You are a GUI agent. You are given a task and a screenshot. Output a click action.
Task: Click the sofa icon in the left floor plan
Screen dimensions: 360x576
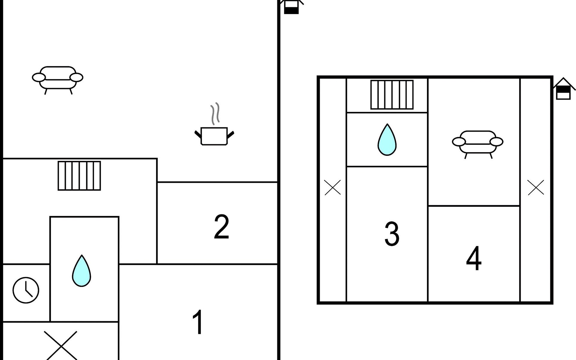click(x=58, y=79)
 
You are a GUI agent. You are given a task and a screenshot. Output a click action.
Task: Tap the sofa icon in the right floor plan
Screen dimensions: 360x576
click(x=478, y=143)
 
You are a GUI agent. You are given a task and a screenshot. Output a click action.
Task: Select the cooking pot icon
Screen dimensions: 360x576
click(x=214, y=136)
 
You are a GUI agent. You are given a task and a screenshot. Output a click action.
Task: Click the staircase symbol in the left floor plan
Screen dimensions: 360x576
click(x=79, y=176)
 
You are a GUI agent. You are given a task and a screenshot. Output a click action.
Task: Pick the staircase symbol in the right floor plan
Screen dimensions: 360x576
click(x=392, y=94)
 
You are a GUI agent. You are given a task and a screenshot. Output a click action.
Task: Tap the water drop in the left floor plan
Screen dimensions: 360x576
click(x=81, y=271)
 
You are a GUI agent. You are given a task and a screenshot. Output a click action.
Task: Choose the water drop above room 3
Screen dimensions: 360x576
click(x=387, y=140)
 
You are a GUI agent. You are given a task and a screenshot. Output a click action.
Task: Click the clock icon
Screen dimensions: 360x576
click(x=26, y=290)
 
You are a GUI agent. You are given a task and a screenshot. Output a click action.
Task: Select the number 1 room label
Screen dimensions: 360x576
click(x=198, y=322)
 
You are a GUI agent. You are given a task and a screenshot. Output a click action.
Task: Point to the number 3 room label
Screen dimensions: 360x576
click(x=392, y=234)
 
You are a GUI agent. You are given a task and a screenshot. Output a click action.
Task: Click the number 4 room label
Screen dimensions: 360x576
click(x=474, y=258)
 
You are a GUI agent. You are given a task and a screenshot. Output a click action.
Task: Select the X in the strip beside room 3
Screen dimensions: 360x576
click(x=332, y=187)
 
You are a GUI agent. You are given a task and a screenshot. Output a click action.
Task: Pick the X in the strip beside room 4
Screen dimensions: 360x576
click(x=535, y=187)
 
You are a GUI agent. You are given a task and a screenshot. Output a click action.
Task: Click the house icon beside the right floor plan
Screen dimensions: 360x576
click(x=563, y=89)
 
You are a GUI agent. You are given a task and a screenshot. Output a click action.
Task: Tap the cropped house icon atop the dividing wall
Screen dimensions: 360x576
click(x=291, y=7)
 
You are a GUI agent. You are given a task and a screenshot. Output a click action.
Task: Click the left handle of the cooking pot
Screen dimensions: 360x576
click(x=198, y=134)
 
